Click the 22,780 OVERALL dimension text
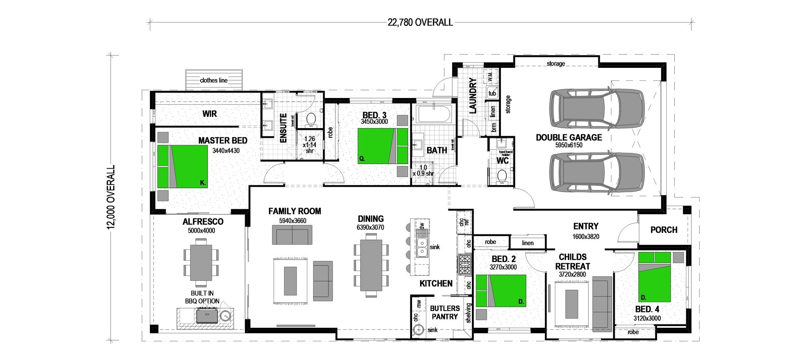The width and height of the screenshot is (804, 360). (420, 22)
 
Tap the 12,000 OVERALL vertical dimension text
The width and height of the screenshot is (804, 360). (111, 197)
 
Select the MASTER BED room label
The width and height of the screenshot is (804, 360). (222, 141)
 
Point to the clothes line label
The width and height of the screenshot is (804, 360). (214, 80)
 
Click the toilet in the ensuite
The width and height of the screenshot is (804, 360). (311, 119)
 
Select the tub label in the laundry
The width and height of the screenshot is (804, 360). (492, 93)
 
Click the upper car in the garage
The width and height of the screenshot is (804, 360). (596, 108)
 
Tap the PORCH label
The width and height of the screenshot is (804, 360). (664, 230)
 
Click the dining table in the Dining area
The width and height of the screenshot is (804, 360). (371, 265)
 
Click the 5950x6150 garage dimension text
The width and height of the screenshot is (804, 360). (569, 145)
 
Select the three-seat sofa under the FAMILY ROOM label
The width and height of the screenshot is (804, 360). (292, 235)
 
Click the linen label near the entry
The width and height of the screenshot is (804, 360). (528, 243)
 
